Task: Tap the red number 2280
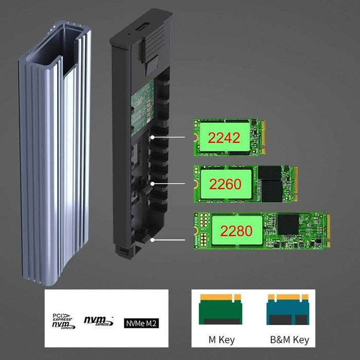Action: pos(235,230)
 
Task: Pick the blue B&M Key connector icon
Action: pos(287,310)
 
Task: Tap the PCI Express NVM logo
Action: pos(63,321)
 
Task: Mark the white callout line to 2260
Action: pos(170,183)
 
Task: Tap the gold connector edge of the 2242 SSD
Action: pos(263,137)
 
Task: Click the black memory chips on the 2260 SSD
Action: pos(272,184)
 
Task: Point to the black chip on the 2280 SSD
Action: pos(288,222)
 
